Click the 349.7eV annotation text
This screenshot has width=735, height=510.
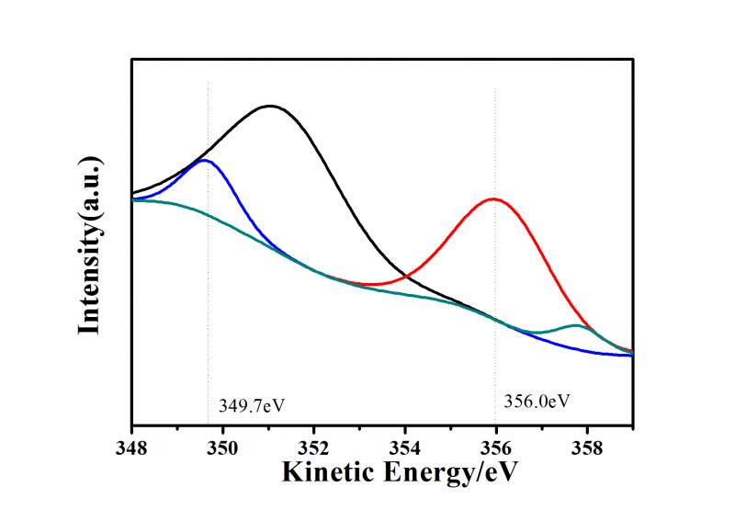pos(246,404)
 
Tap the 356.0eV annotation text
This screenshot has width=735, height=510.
pos(537,401)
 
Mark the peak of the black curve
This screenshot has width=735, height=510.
pos(270,106)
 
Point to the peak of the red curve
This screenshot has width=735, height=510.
pos(494,198)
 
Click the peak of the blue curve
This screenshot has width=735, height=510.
pos(204,160)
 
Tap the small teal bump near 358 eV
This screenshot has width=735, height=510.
pos(576,325)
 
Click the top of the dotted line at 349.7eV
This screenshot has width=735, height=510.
pos(209,83)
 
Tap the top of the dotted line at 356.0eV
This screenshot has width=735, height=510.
pos(495,89)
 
